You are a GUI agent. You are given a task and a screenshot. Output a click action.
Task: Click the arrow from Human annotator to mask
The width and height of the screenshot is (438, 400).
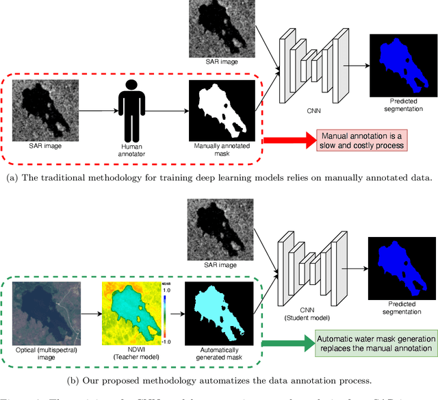(x=167, y=110)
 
